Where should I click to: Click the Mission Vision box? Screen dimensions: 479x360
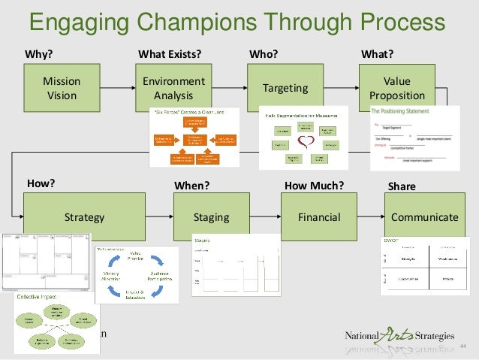tap(62, 88)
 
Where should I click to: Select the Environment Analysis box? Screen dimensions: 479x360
tap(173, 88)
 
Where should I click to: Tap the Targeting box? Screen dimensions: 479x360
tap(285, 88)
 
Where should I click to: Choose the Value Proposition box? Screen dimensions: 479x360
tap(396, 88)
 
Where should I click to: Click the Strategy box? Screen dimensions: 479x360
tap(84, 217)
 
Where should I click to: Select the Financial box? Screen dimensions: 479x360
tap(319, 217)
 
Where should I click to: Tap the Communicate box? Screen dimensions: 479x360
tap(424, 217)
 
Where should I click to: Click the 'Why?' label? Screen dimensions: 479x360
tap(39, 54)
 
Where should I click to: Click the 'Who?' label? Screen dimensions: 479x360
tap(263, 54)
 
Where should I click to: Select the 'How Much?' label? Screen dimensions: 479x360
tap(315, 184)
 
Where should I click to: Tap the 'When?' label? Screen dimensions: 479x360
tap(191, 185)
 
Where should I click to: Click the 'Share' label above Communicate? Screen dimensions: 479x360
tap(399, 185)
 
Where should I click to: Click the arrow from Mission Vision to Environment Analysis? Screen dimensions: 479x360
tap(118, 88)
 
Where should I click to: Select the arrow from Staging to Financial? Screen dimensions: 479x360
tap(267, 217)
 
